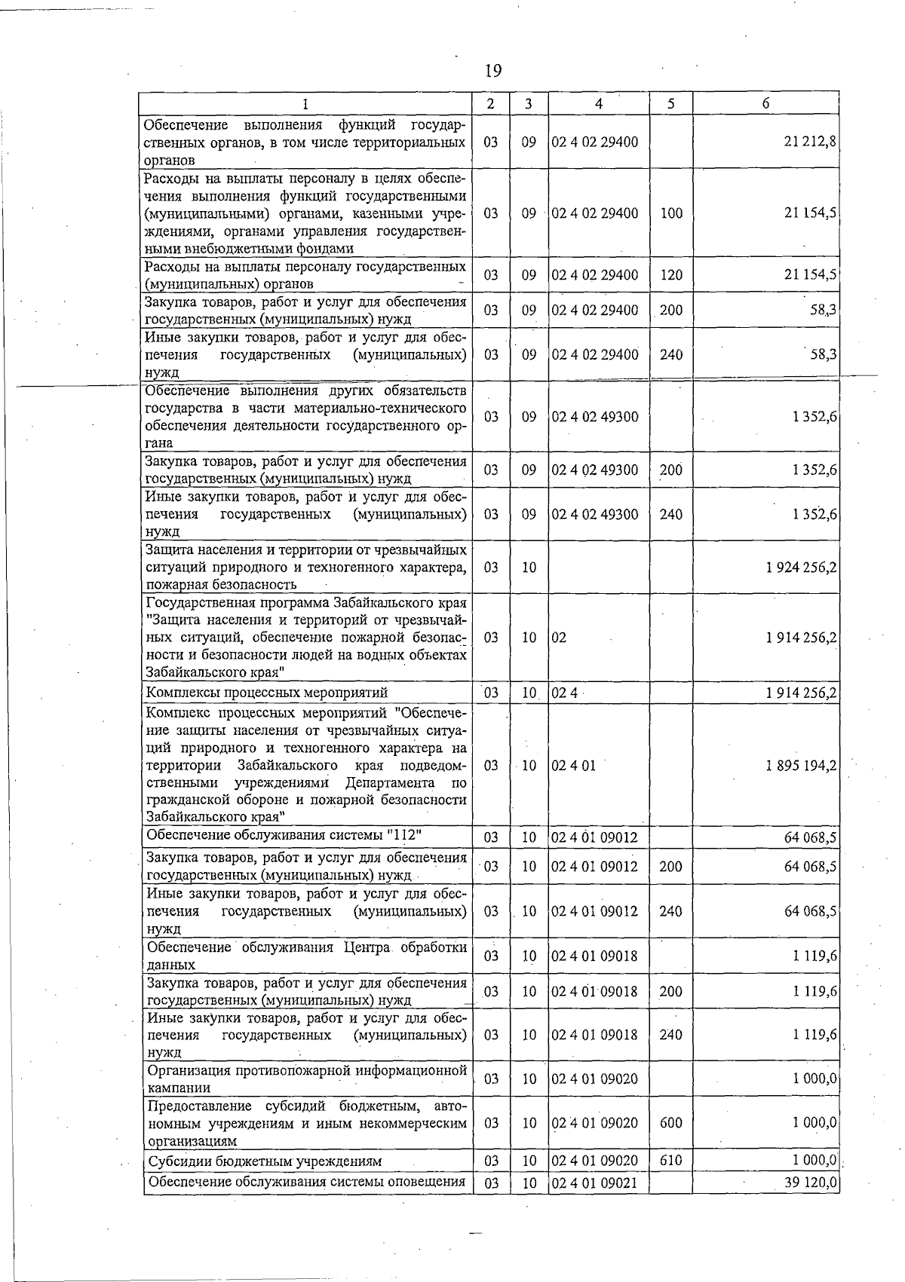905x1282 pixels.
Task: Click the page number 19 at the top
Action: point(492,71)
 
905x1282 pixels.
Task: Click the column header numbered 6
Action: point(765,104)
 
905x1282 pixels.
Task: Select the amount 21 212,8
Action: point(810,142)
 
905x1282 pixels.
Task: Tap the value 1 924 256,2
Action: point(801,567)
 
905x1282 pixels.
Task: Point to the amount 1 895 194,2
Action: point(801,766)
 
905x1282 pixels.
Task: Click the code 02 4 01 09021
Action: point(594,1183)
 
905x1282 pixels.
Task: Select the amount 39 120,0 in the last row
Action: point(810,1183)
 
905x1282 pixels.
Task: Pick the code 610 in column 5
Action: point(670,1161)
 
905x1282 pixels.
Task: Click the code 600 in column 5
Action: point(670,1123)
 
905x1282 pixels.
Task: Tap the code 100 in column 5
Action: point(670,213)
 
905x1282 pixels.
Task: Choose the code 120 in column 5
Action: point(670,275)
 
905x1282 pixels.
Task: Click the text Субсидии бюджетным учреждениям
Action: point(265,1161)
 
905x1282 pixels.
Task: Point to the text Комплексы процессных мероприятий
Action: point(267,692)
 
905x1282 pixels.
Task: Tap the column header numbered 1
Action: point(305,104)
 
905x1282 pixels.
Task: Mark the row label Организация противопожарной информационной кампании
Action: point(307,1079)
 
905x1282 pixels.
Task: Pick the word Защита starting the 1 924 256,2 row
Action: point(168,550)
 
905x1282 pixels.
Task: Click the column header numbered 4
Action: point(598,104)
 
